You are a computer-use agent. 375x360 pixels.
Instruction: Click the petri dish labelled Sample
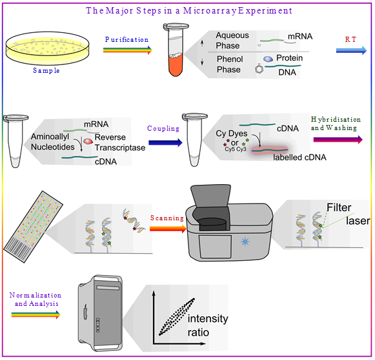click(47, 48)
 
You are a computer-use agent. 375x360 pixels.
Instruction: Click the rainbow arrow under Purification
click(128, 50)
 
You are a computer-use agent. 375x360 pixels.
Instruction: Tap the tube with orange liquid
click(176, 50)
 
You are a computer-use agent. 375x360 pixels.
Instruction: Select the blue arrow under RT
click(351, 50)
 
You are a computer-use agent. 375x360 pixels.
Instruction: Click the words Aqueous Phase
click(232, 41)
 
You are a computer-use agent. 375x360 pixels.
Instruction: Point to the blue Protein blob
click(268, 59)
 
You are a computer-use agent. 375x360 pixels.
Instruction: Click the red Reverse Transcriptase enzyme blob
click(88, 142)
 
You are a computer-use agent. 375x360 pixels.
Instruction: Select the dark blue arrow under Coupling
click(165, 143)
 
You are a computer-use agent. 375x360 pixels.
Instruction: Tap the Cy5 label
click(230, 149)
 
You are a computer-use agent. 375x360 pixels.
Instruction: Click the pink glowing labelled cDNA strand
click(270, 150)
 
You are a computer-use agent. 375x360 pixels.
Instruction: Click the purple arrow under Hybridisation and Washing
click(338, 139)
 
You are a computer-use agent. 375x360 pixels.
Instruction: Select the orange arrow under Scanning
click(168, 229)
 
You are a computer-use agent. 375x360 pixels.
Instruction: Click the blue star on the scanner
click(245, 242)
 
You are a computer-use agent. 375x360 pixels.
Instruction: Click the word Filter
click(339, 207)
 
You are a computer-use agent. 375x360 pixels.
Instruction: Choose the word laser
click(358, 221)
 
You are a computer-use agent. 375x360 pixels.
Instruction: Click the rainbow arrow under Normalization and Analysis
click(36, 315)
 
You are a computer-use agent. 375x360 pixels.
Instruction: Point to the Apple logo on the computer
click(85, 312)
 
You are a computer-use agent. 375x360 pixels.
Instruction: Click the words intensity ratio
click(208, 325)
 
